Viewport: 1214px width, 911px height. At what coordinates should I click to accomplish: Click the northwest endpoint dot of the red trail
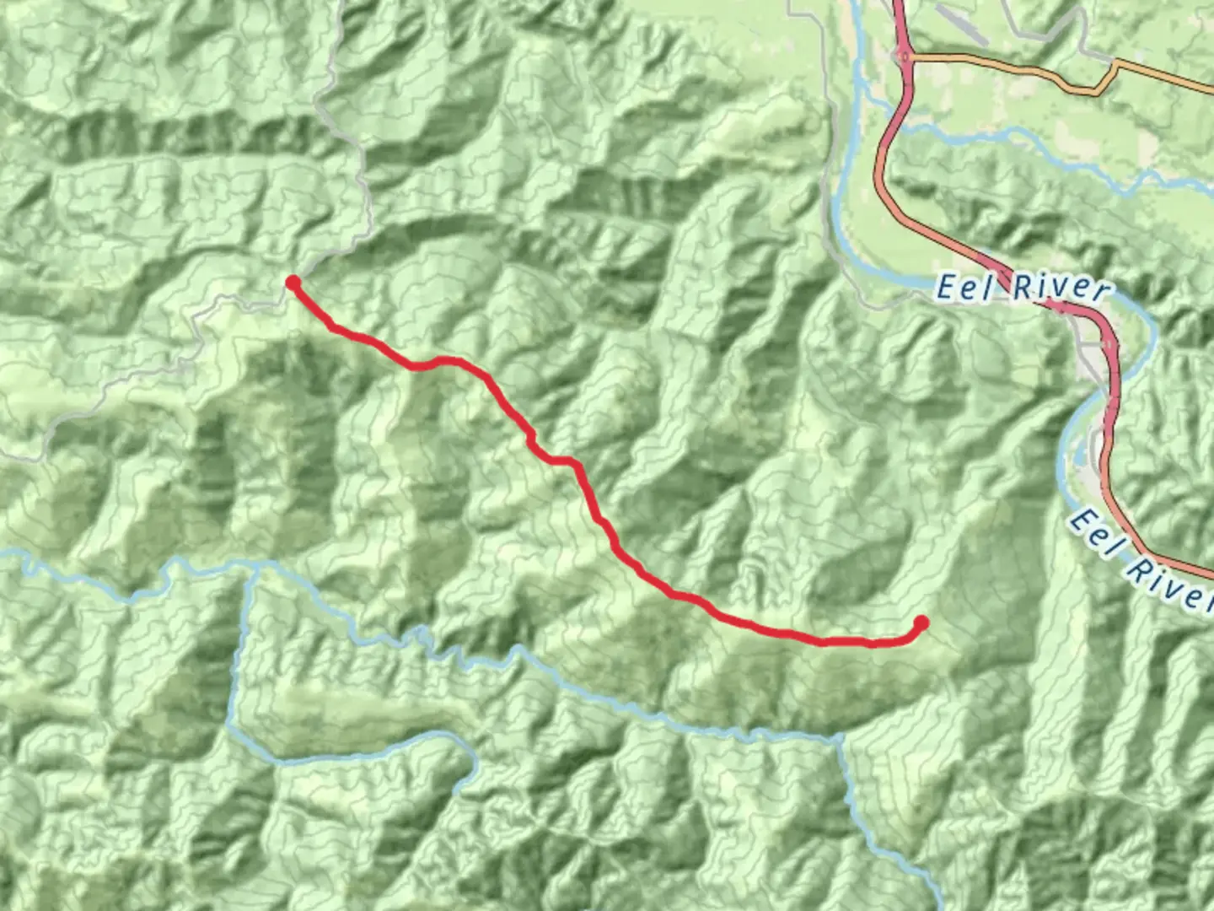[293, 282]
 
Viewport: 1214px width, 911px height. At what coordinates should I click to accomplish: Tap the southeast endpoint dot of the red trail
[921, 623]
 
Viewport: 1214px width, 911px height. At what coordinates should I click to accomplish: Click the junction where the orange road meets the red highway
[904, 57]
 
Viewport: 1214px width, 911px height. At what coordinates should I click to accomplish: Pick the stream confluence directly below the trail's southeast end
[840, 740]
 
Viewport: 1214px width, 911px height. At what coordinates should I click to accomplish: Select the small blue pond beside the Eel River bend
[1077, 456]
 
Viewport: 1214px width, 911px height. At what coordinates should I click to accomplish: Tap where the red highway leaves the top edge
[897, 3]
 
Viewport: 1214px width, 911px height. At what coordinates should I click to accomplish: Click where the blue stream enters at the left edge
[3, 553]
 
